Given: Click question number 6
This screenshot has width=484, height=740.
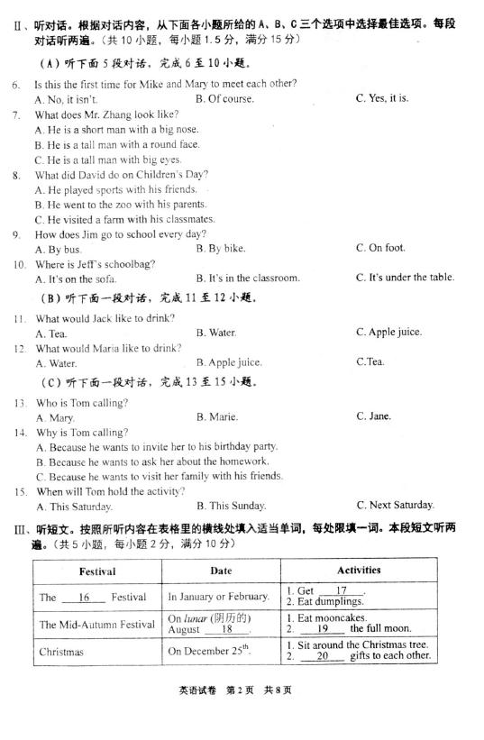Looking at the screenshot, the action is pyautogui.click(x=15, y=85).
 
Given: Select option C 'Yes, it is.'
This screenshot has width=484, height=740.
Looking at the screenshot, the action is pyautogui.click(x=382, y=98).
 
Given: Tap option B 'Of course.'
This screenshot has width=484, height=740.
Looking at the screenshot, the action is pyautogui.click(x=224, y=99).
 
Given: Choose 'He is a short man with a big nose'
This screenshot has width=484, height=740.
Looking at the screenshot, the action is pyautogui.click(x=116, y=130).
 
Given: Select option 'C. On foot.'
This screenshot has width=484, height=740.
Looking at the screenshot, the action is pyautogui.click(x=380, y=248).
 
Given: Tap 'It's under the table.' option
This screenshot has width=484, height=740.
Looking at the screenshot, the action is pyautogui.click(x=405, y=278).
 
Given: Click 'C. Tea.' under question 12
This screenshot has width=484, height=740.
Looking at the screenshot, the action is pyautogui.click(x=370, y=362).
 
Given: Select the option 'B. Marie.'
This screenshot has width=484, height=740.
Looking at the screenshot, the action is pyautogui.click(x=217, y=417).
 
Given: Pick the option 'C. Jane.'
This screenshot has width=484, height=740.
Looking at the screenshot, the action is pyautogui.click(x=373, y=416).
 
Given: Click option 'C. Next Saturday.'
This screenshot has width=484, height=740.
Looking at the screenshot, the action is pyautogui.click(x=395, y=505).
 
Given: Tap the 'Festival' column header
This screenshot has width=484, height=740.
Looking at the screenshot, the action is pyautogui.click(x=97, y=571).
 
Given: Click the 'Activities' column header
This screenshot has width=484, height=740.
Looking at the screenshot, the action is pyautogui.click(x=359, y=570).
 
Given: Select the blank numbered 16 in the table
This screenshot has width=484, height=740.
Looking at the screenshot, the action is pyautogui.click(x=86, y=597).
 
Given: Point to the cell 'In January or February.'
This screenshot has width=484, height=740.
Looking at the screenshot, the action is pyautogui.click(x=218, y=597).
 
